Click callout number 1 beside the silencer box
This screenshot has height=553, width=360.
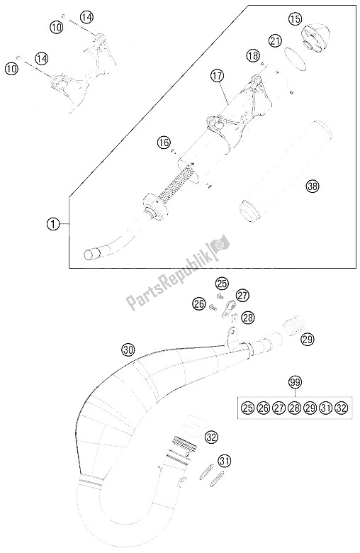click(52, 224)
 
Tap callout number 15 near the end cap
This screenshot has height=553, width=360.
click(295, 18)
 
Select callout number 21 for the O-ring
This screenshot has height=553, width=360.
click(275, 40)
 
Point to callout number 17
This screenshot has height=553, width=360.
click(218, 75)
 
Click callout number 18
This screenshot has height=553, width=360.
click(253, 55)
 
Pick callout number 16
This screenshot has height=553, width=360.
click(164, 143)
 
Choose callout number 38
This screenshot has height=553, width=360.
click(313, 186)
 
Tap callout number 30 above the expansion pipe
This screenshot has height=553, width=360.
click(129, 350)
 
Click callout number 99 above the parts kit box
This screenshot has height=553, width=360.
click(295, 381)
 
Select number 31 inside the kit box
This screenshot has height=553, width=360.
click(325, 408)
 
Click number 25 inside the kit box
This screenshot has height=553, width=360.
click(247, 408)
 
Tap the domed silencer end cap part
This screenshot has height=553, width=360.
click(315, 38)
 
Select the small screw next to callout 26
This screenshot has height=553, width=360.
click(213, 307)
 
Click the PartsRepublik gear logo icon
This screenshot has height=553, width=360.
click(220, 243)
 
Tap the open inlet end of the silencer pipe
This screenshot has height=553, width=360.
click(90, 255)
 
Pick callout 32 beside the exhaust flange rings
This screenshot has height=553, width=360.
click(211, 437)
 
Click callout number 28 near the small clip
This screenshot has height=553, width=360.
click(247, 318)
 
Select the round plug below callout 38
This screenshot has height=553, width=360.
click(250, 211)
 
